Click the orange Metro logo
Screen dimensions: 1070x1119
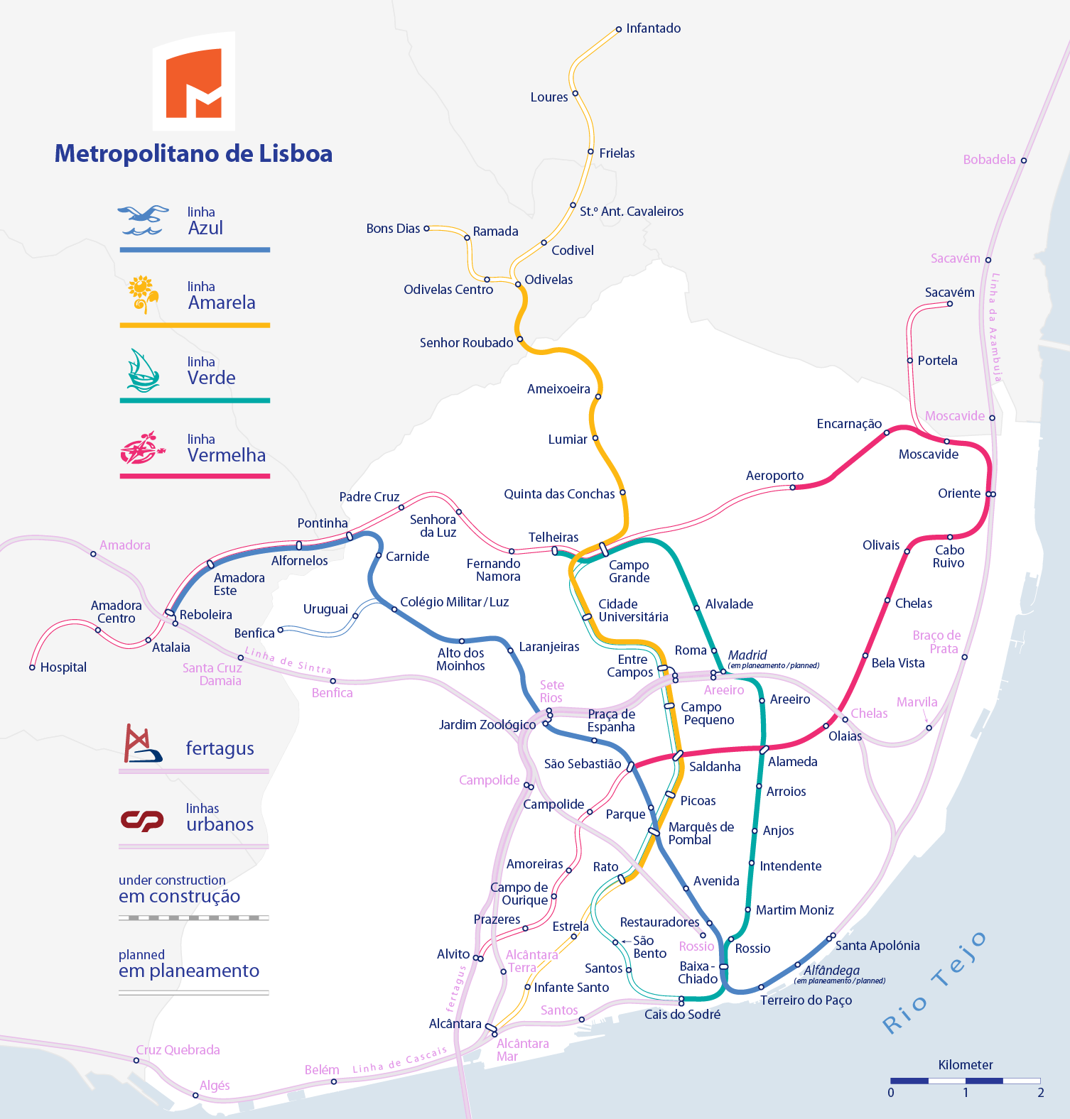tap(194, 82)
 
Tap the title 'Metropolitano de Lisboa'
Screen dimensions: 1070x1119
tap(193, 153)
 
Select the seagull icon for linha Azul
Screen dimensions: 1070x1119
tap(144, 220)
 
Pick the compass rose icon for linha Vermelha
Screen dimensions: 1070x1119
tap(143, 448)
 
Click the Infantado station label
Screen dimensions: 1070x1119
tap(654, 28)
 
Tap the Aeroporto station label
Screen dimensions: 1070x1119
tap(774, 476)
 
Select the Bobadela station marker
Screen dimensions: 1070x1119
tap(1024, 160)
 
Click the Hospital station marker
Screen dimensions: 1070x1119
tap(32, 667)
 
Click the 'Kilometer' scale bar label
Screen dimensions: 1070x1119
tap(966, 1065)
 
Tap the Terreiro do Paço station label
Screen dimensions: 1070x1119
tap(806, 1000)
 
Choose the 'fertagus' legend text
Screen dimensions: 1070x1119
tap(220, 749)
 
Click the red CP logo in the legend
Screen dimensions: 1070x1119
tap(142, 820)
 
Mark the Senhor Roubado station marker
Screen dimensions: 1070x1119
tap(520, 339)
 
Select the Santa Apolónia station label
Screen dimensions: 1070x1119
tap(877, 946)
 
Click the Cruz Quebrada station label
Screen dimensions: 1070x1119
tap(178, 1050)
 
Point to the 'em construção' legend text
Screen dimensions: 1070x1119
tap(179, 897)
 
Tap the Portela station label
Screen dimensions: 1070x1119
tap(937, 361)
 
